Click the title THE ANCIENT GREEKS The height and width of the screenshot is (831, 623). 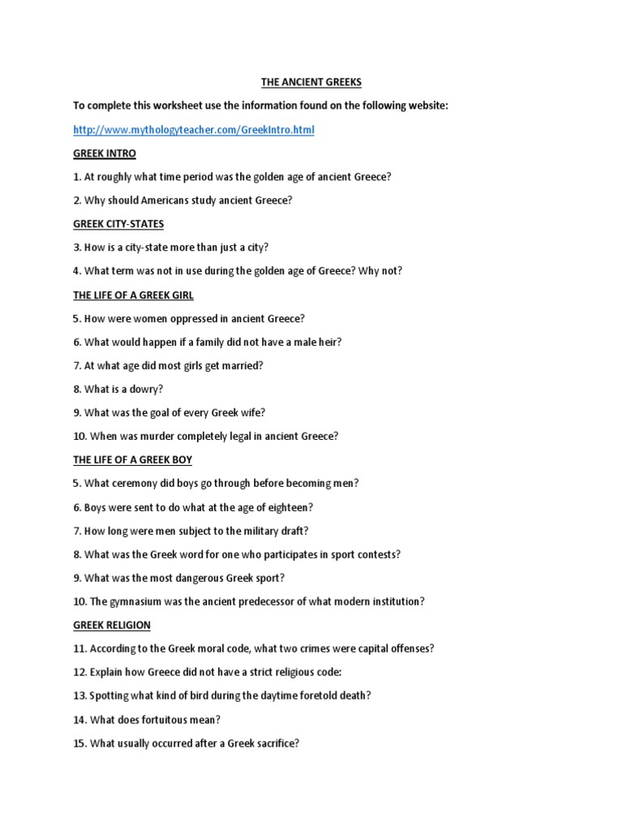pyautogui.click(x=311, y=82)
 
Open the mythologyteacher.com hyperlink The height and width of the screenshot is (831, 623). pyautogui.click(x=193, y=130)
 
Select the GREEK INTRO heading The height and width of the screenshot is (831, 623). pyautogui.click(x=105, y=153)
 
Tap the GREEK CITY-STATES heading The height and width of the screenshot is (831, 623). pyautogui.click(x=118, y=224)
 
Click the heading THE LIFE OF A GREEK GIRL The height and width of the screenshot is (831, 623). pyautogui.click(x=133, y=295)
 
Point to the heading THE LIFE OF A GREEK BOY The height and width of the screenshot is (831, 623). pyautogui.click(x=132, y=460)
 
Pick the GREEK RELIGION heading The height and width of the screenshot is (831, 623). pyautogui.click(x=112, y=626)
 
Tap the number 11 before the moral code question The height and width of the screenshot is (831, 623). pyautogui.click(x=79, y=648)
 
